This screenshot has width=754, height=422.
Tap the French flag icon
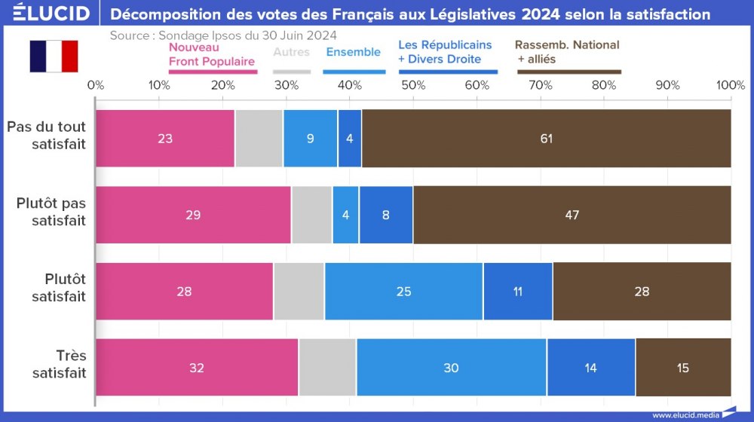click(x=54, y=57)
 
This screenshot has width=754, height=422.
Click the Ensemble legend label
click(x=353, y=52)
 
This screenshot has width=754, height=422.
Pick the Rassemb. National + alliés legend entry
click(x=568, y=52)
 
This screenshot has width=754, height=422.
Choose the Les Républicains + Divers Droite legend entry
click(x=445, y=53)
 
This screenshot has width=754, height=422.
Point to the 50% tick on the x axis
click(x=413, y=85)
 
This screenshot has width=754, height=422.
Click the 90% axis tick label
click(x=668, y=85)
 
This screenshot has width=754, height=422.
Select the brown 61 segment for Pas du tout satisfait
click(x=547, y=139)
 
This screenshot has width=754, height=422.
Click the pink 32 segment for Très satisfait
click(x=197, y=368)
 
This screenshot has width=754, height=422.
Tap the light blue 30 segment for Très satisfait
click(x=451, y=368)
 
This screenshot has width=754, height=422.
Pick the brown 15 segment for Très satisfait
click(x=682, y=368)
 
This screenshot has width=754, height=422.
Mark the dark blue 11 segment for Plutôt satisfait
click(x=517, y=292)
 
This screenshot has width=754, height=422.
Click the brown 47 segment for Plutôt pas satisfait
click(x=572, y=216)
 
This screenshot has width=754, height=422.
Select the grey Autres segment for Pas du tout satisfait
click(x=259, y=139)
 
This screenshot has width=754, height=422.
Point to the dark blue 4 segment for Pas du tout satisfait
click(x=350, y=139)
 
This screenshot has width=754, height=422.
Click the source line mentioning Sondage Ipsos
click(x=223, y=35)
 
